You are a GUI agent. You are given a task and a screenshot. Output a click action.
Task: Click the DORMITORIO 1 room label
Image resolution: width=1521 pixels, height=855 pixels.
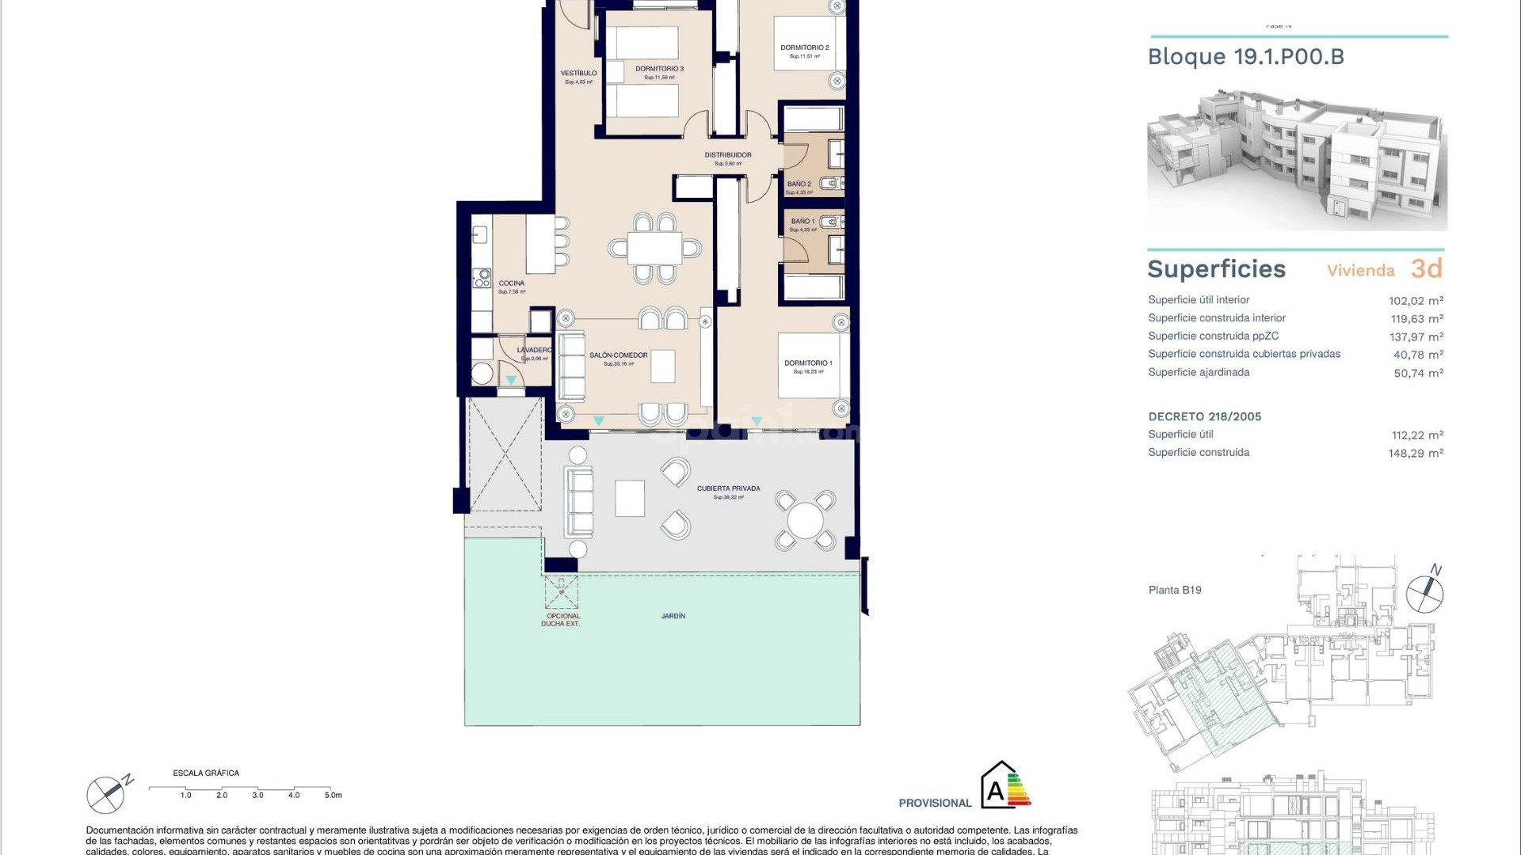pos(808,363)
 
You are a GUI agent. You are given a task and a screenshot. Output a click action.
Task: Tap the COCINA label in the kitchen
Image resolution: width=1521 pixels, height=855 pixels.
pos(511,283)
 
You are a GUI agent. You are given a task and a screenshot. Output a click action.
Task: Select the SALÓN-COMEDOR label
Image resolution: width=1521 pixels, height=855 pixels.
pos(618,355)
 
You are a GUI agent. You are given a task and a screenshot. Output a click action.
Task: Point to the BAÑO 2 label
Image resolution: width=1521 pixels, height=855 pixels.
pos(799,184)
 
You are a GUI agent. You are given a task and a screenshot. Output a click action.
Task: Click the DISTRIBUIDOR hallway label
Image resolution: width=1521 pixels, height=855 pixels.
pos(728,155)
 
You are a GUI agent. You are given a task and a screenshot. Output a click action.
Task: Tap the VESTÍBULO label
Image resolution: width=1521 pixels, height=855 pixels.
pos(578,73)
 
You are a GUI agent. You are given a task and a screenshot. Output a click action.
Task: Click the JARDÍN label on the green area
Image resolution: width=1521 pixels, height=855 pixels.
pos(673,616)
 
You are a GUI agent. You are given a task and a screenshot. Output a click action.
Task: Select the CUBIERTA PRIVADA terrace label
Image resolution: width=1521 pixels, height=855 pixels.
pos(728,488)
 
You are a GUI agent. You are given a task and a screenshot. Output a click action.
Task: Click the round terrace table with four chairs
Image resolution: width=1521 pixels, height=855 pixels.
pos(805,520)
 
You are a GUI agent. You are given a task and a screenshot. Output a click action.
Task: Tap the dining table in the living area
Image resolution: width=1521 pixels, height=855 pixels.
pos(654,249)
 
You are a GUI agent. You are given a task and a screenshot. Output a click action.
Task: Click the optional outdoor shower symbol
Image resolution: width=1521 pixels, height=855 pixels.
pos(562,591)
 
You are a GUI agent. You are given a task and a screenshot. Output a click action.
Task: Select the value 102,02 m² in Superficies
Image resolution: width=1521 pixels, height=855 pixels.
pos(1416,301)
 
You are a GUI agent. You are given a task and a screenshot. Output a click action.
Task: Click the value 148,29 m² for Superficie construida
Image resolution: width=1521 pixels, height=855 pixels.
pos(1416,454)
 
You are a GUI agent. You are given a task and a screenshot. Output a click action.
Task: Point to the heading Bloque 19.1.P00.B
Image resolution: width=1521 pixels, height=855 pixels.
pos(1245,57)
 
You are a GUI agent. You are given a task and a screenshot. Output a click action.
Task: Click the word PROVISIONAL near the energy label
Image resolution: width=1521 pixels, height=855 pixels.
pos(935,803)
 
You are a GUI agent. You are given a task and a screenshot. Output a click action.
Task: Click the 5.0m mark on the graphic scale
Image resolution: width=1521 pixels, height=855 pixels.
pos(333,795)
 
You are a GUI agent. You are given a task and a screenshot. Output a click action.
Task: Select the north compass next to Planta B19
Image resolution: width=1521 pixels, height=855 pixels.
pos(1424,592)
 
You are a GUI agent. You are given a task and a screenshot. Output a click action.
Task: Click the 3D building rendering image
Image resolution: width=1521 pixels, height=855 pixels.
pos(1297,162)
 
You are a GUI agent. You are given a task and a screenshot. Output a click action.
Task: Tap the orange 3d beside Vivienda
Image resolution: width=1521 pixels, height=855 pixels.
pos(1426,269)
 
